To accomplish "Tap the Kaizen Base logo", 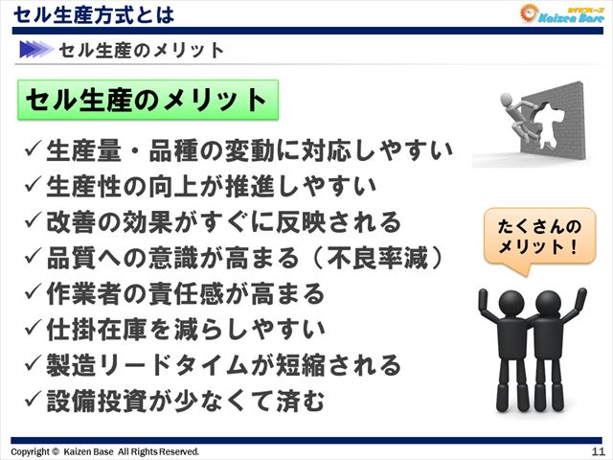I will [x=560, y=13].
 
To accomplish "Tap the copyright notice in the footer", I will [x=105, y=451].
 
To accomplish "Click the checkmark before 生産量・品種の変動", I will [x=33, y=150].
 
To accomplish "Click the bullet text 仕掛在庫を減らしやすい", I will [x=186, y=329].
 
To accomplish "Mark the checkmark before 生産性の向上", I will [x=33, y=186].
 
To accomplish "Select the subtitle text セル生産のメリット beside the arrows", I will [x=142, y=50].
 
